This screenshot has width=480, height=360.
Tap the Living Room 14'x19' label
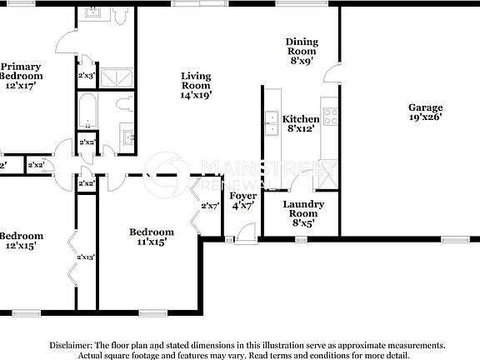197,86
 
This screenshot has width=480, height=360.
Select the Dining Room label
302,51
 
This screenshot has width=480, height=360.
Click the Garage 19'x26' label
425,112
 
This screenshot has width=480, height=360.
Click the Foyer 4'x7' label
242,201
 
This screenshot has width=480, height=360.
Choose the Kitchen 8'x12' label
301,123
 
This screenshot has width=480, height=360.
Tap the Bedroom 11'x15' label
151,237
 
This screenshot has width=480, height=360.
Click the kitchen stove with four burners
330,117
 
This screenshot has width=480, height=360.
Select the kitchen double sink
272,123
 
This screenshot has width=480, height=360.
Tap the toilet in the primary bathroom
122,17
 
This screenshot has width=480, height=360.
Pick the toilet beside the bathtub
126,106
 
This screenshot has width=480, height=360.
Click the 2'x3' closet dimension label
86,76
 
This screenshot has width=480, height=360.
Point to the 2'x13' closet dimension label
86,257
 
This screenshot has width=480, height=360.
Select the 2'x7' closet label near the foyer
209,206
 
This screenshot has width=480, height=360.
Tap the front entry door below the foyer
242,239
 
